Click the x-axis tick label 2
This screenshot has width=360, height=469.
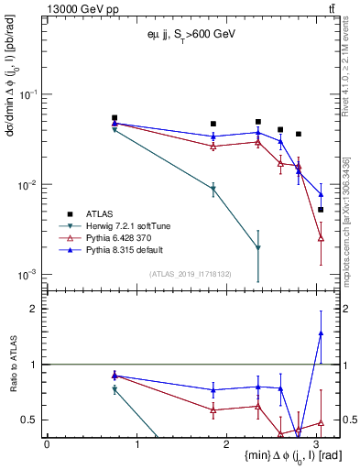228,442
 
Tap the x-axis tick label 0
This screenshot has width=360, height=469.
47,442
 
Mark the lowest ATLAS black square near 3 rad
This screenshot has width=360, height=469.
321,210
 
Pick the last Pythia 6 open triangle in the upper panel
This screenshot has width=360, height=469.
321,238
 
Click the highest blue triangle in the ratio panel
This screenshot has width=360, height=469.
321,333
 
